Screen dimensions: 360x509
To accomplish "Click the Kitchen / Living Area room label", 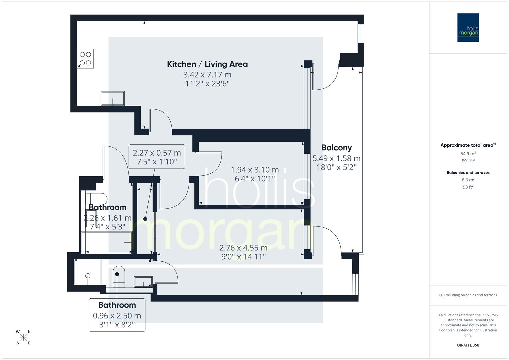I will pyautogui.click(x=207, y=64).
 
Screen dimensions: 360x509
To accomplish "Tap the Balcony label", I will pyautogui.click(x=336, y=147).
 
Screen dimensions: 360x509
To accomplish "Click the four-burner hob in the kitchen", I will pyautogui.click(x=85, y=58).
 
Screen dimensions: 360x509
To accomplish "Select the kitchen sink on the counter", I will pyautogui.click(x=113, y=98).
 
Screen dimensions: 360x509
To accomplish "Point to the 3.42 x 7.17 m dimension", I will pyautogui.click(x=207, y=75).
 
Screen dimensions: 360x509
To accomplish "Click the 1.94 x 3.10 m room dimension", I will pyautogui.click(x=255, y=170).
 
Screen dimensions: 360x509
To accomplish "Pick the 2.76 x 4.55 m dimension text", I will pyautogui.click(x=243, y=248).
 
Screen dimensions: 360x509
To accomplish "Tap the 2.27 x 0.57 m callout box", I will pyautogui.click(x=157, y=156).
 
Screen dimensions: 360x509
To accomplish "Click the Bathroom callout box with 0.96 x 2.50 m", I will pyautogui.click(x=117, y=315).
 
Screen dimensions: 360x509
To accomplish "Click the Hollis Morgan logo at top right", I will pyautogui.click(x=468, y=28).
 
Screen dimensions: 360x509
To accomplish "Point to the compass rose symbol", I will pyautogui.click(x=23, y=337).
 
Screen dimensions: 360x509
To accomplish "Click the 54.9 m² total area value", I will pyautogui.click(x=468, y=154).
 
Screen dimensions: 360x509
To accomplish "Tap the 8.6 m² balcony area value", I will pyautogui.click(x=468, y=180).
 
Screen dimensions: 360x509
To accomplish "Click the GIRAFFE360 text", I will pyautogui.click(x=468, y=345).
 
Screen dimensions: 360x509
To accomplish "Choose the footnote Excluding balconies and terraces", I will pyautogui.click(x=468, y=295).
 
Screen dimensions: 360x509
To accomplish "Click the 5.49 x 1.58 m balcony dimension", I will pyautogui.click(x=336, y=158).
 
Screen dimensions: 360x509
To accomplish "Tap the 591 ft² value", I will pyautogui.click(x=468, y=161).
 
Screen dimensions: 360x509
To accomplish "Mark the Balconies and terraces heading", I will pyautogui.click(x=468, y=172).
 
